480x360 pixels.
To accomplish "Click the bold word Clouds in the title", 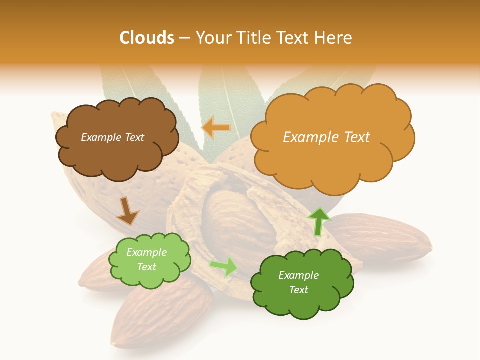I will (x=147, y=38).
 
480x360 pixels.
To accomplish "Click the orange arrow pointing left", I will (x=216, y=128).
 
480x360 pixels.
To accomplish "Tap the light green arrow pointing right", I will (x=224, y=266).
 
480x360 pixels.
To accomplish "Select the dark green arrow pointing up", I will (x=318, y=221).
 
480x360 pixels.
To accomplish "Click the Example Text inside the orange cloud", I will (x=326, y=137).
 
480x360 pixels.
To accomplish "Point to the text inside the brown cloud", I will (x=112, y=137).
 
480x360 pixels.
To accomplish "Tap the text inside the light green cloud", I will (x=146, y=259).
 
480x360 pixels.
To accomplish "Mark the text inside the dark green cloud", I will (x=298, y=282).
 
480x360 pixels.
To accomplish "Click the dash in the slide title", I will (x=185, y=38).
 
